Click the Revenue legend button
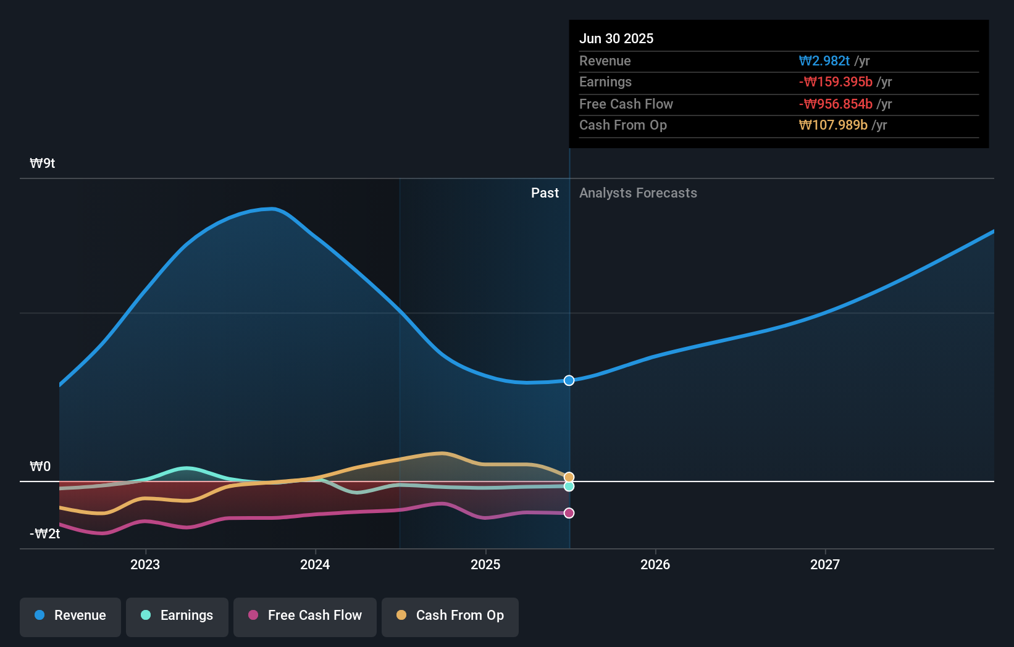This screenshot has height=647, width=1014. [x=70, y=616]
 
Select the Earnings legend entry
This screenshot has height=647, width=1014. [x=177, y=616]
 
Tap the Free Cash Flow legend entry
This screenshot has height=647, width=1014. [x=305, y=616]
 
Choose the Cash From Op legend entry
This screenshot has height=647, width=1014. [x=450, y=616]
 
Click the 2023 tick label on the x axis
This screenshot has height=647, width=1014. [x=145, y=564]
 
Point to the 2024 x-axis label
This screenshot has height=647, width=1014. [x=315, y=564]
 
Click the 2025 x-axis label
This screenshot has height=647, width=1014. [x=485, y=564]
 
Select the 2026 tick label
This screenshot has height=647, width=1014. [x=655, y=564]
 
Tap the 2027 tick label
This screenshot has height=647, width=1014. [x=825, y=564]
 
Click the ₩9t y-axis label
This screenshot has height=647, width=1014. [x=43, y=164]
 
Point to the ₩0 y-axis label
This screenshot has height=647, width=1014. [x=40, y=467]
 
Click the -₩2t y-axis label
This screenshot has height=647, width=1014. [x=44, y=534]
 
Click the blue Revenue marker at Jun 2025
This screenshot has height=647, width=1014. [x=569, y=380]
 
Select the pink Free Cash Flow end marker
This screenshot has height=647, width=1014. [x=569, y=513]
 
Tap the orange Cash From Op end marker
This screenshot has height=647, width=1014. [x=569, y=477]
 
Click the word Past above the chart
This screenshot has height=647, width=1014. [x=545, y=193]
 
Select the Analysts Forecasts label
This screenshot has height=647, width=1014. [x=638, y=193]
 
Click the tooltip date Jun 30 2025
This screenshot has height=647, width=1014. [x=616, y=38]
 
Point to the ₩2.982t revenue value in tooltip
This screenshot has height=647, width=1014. [x=824, y=61]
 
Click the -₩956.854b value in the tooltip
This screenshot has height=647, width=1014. [x=836, y=104]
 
